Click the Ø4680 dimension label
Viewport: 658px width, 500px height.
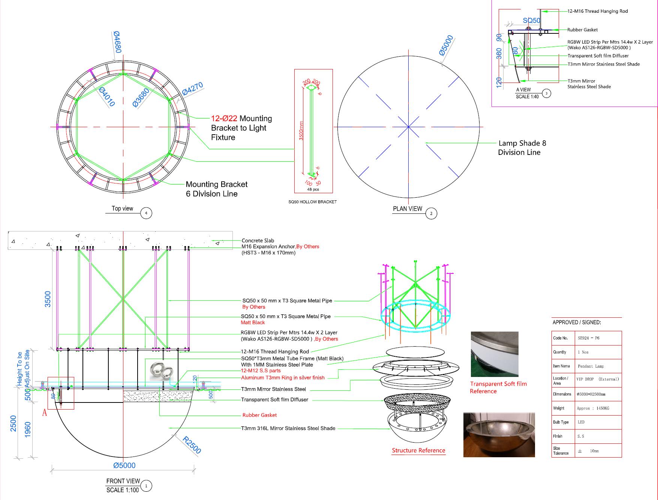[118, 42]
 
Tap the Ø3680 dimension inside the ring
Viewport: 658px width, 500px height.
[141, 98]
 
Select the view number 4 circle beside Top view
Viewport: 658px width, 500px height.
[146, 213]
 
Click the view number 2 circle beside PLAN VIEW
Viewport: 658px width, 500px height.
[431, 213]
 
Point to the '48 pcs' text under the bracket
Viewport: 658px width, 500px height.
[313, 189]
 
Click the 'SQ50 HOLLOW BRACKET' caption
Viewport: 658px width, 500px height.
[312, 202]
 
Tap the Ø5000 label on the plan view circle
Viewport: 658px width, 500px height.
[446, 45]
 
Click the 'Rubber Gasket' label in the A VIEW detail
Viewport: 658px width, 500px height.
[582, 30]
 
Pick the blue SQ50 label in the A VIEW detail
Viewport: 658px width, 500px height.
[532, 21]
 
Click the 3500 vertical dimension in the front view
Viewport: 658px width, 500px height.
[48, 299]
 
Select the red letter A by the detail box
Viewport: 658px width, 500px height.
[45, 413]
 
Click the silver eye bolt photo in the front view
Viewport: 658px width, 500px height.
[162, 372]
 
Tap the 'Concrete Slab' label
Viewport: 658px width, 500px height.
[258, 240]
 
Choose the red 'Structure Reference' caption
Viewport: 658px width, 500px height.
[418, 450]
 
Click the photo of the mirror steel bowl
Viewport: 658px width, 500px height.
[499, 435]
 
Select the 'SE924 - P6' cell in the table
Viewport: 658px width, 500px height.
[589, 338]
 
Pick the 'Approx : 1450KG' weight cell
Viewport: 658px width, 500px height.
[593, 408]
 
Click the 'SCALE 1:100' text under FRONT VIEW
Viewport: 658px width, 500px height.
[123, 490]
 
